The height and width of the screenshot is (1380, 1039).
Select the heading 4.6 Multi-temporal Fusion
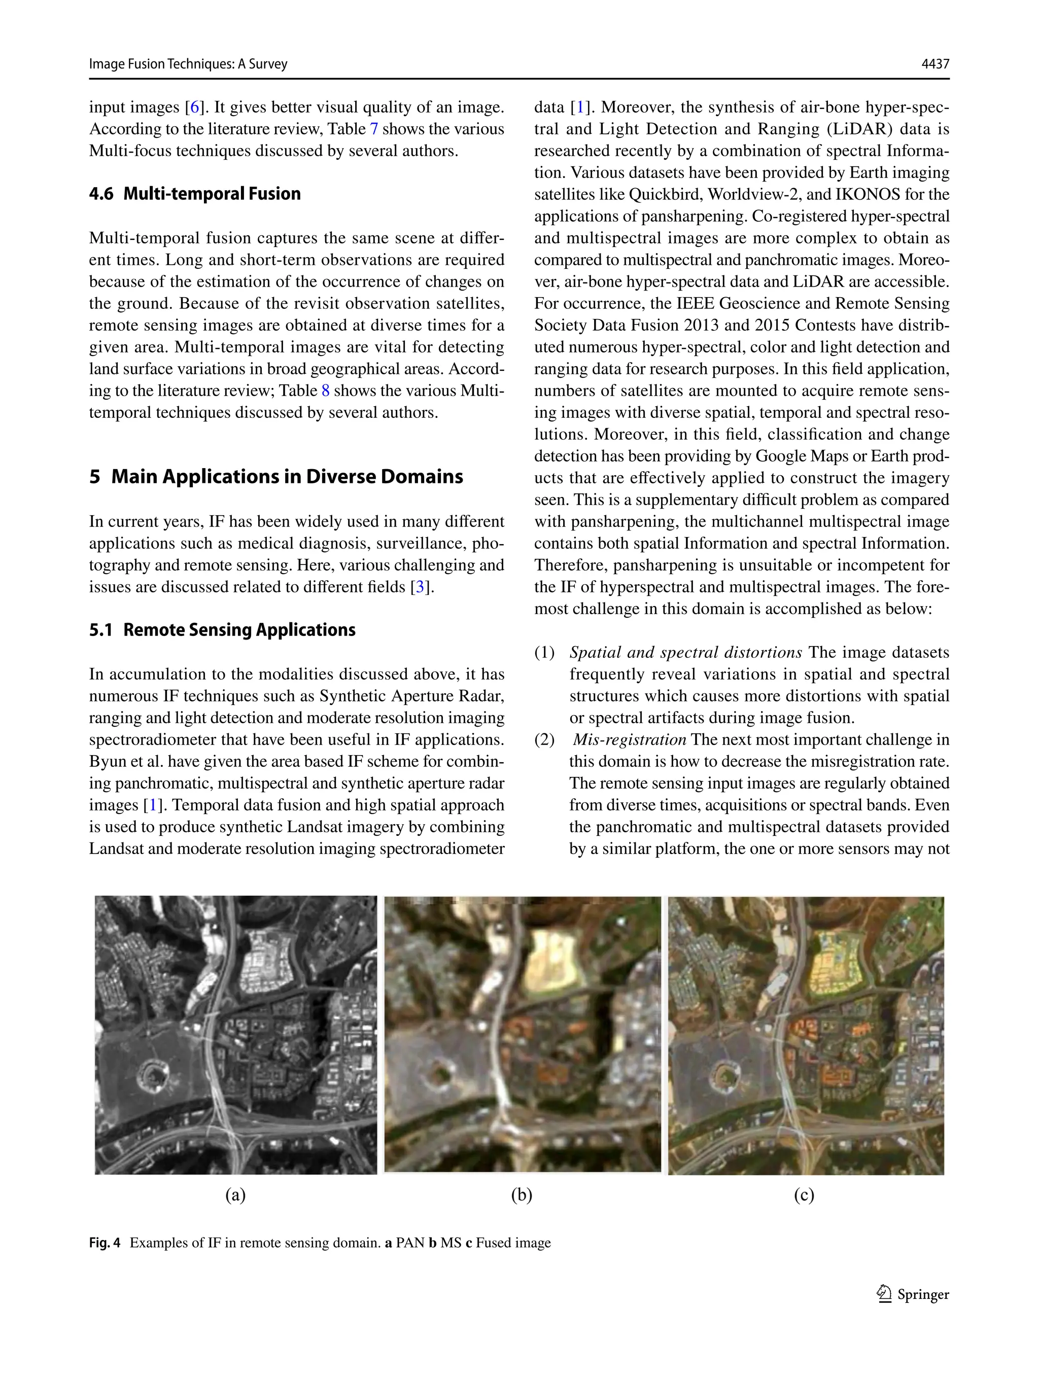point(195,194)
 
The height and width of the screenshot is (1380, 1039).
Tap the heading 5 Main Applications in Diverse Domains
point(276,477)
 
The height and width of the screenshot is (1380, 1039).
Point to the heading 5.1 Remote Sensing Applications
point(222,630)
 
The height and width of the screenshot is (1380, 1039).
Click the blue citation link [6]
point(195,108)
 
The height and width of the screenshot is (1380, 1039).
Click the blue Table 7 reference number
point(374,129)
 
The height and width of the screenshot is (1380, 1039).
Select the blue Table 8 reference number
point(325,391)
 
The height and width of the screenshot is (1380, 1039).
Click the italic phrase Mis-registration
point(629,740)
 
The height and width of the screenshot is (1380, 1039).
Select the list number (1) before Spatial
point(544,653)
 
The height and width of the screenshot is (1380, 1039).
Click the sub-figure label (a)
point(235,1195)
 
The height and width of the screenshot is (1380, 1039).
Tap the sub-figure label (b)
point(522,1195)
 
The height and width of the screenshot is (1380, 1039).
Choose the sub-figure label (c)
point(804,1195)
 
